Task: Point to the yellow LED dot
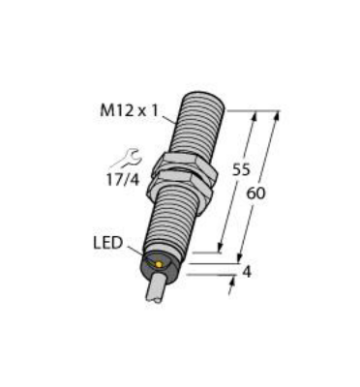coord(155,264)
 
